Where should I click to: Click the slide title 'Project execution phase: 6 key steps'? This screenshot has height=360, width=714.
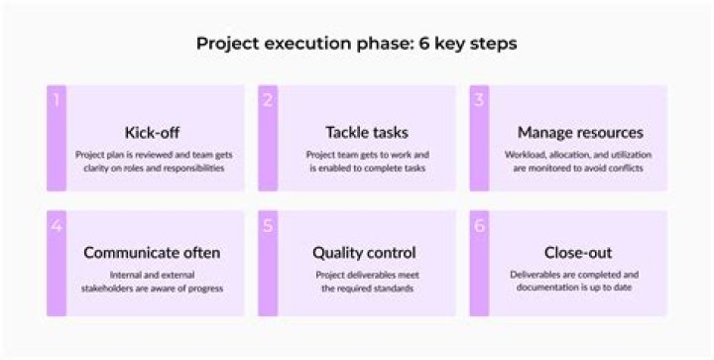point(356,44)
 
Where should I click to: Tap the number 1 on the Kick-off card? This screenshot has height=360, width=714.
point(57,99)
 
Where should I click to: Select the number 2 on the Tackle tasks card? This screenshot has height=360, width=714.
point(268,99)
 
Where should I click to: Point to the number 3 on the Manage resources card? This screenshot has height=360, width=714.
point(479,99)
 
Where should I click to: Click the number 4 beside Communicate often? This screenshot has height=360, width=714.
point(57,225)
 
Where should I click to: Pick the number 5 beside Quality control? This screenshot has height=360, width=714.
point(268,225)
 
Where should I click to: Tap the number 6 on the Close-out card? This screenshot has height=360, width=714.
point(479,225)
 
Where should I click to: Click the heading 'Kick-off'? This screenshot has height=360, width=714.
point(152,132)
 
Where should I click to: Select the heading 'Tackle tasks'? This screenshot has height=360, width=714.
point(366,132)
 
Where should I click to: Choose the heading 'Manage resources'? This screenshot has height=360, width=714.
point(579,132)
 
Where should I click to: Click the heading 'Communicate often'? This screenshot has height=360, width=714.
point(152,252)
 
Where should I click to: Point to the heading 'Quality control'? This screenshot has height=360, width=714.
point(364,252)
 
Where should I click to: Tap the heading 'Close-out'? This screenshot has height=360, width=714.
point(579,252)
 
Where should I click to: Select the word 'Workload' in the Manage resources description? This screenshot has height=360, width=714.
point(526,155)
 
